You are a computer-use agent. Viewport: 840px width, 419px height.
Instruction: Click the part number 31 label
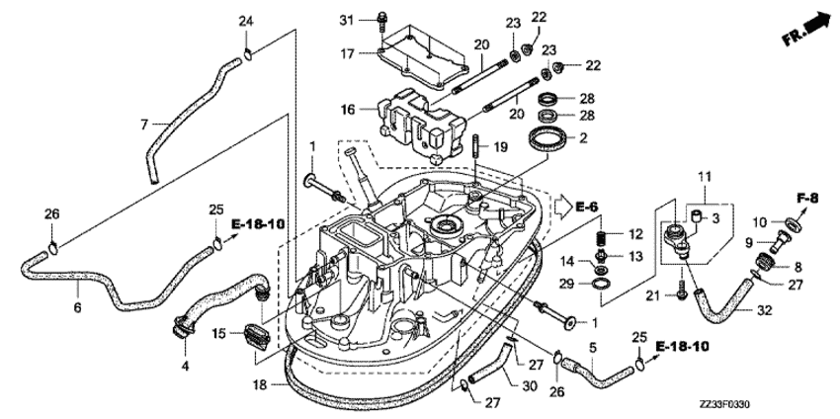346,20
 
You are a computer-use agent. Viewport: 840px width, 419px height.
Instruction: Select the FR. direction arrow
804,27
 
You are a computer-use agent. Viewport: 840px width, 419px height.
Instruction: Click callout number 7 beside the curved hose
143,125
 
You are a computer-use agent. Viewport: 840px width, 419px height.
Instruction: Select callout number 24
246,22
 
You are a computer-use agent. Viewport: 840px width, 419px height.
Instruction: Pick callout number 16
347,110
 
